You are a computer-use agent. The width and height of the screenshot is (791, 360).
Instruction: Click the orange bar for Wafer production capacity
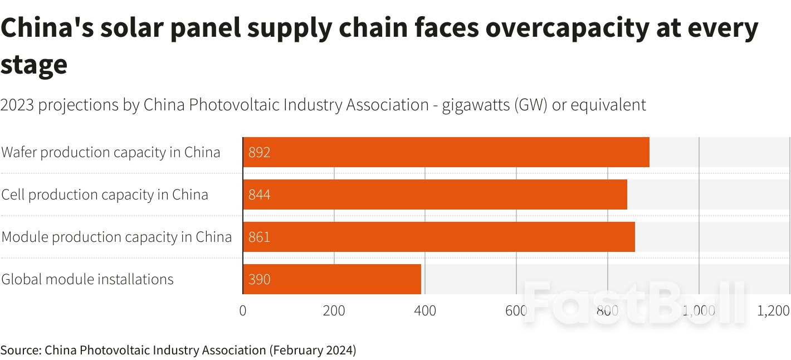pyautogui.click(x=446, y=152)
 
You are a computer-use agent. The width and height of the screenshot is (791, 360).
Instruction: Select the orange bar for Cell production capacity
pyautogui.click(x=434, y=194)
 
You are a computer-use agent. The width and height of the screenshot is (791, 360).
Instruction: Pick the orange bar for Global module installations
pyautogui.click(x=331, y=279)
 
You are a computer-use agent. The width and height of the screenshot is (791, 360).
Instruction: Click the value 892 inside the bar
pyautogui.click(x=260, y=153)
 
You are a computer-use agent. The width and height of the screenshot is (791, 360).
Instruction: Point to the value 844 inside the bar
pyautogui.click(x=260, y=195)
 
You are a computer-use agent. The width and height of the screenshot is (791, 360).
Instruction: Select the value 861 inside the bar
pyautogui.click(x=260, y=237)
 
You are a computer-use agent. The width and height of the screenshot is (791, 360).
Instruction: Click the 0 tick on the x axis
pyautogui.click(x=243, y=311)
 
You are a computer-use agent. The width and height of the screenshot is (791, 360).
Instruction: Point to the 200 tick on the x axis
pyautogui.click(x=334, y=311)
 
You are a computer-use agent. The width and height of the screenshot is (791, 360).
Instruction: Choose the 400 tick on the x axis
pyautogui.click(x=425, y=311)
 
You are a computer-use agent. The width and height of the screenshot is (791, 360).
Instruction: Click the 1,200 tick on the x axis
pyautogui.click(x=774, y=311)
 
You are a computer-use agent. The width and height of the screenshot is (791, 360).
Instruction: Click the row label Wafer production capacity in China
pyautogui.click(x=111, y=152)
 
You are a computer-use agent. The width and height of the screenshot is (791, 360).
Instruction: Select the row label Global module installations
pyautogui.click(x=87, y=279)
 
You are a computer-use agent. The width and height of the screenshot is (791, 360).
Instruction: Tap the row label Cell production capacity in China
pyautogui.click(x=105, y=194)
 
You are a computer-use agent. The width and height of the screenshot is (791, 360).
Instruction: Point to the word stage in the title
pyautogui.click(x=34, y=65)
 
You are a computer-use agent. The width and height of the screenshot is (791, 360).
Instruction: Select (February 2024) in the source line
pyautogui.click(x=313, y=351)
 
